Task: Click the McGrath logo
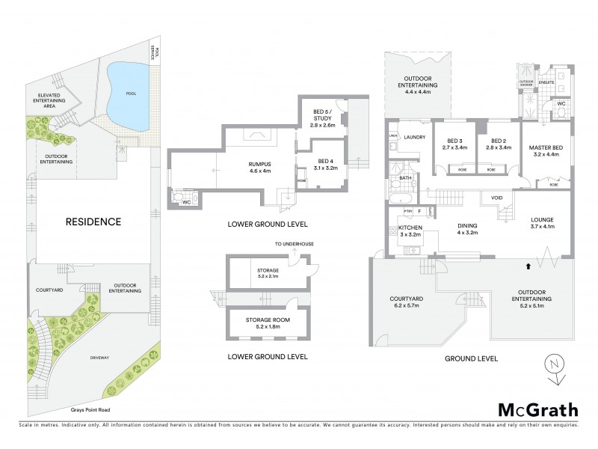coord(537,409)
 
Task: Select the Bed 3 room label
coord(455,144)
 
